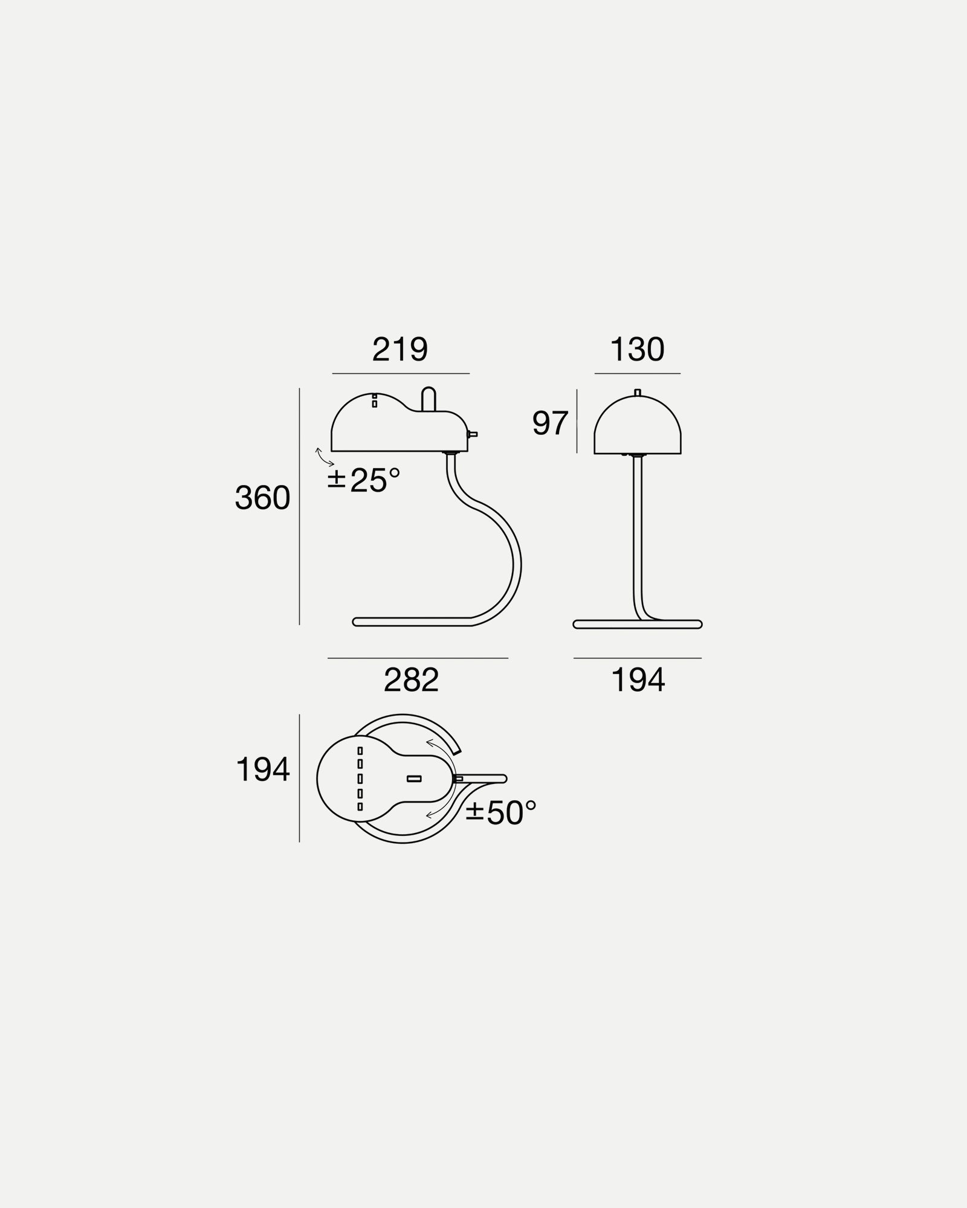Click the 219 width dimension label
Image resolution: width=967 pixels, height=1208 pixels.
399,350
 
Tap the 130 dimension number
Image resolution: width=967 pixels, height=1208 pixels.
637,350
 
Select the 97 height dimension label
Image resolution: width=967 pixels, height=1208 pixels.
550,423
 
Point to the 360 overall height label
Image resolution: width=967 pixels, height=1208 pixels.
262,498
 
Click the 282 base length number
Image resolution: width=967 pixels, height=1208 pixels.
411,680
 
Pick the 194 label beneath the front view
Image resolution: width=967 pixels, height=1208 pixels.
638,680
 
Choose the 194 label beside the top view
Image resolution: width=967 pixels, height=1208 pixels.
263,770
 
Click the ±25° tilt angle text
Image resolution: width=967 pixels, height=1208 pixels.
364,480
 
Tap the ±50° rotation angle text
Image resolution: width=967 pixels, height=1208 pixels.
501,812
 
